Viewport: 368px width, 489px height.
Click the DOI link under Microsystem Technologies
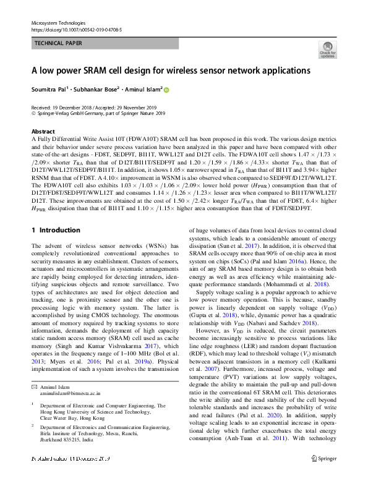tap(76, 29)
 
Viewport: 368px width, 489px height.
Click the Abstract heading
tap(43, 132)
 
